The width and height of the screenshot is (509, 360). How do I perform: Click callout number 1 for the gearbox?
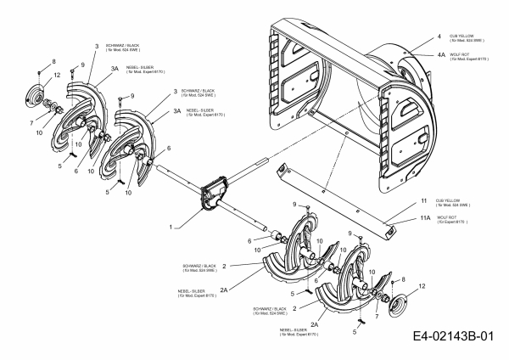pyautogui.click(x=172, y=228)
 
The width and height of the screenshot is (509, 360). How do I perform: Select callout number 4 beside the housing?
pyautogui.click(x=440, y=37)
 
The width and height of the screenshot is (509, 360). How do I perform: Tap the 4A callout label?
pyautogui.click(x=442, y=53)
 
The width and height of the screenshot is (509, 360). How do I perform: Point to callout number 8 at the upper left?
pyautogui.click(x=53, y=61)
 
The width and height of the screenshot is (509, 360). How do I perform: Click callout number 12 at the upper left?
pyautogui.click(x=57, y=78)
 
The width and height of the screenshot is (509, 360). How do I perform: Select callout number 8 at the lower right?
pyautogui.click(x=402, y=278)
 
